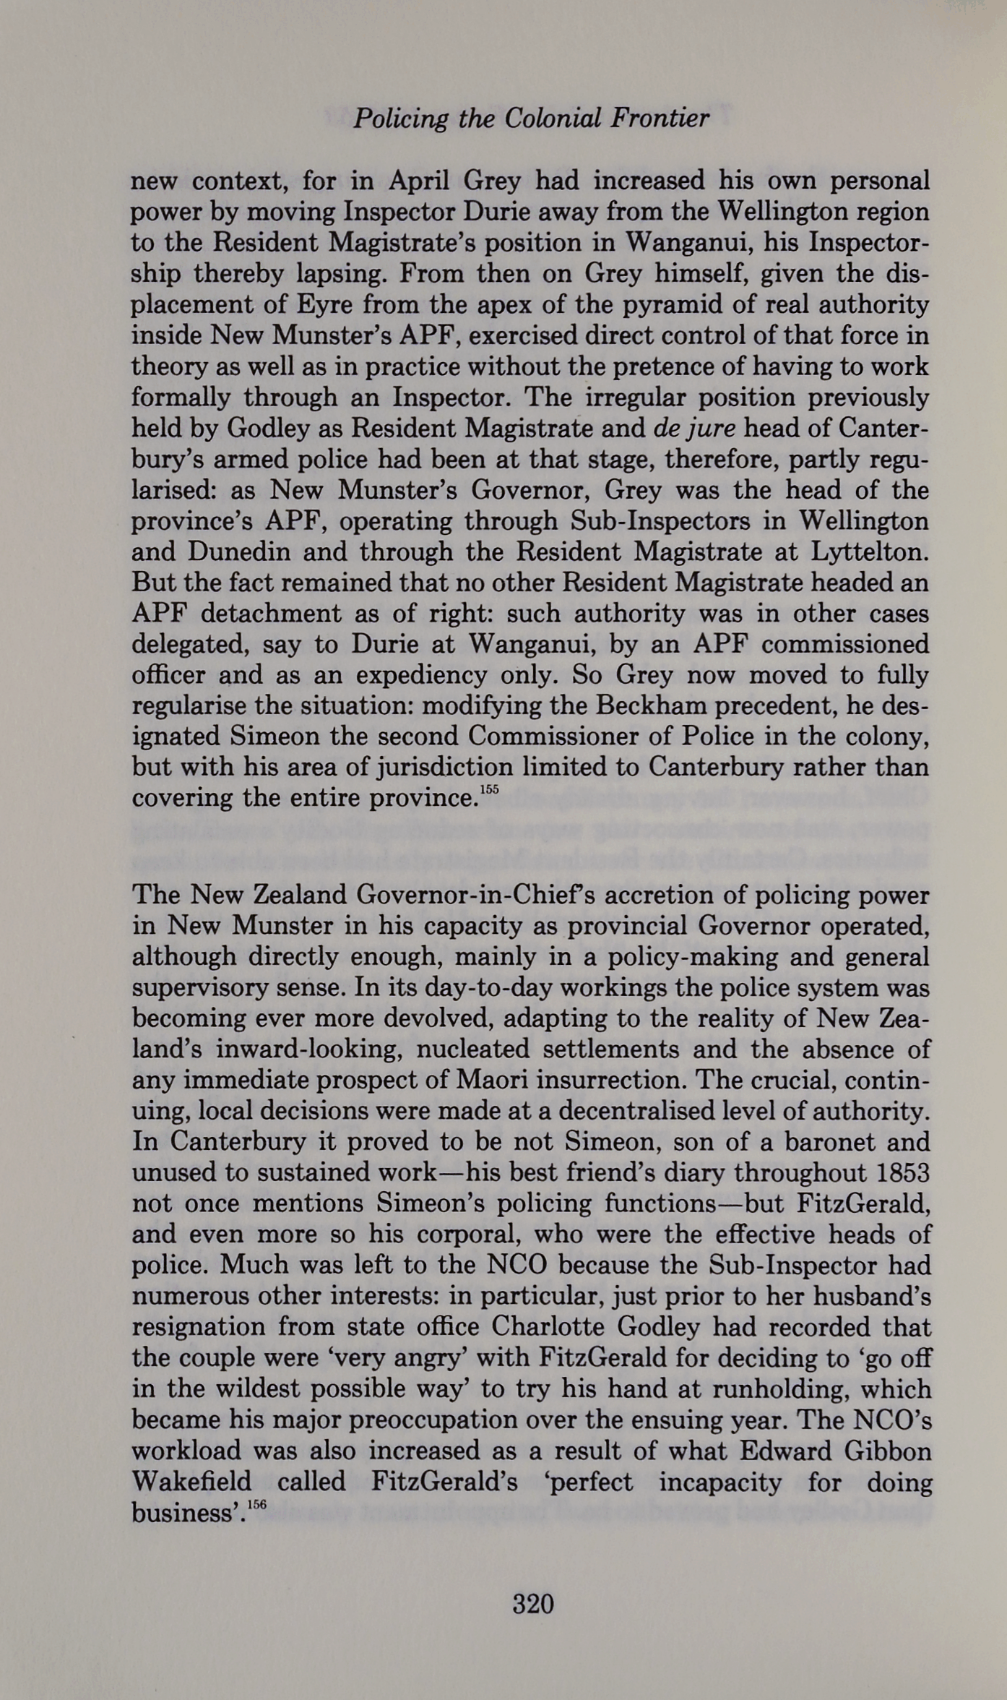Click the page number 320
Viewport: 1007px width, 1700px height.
click(533, 1604)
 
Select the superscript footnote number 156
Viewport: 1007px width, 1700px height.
click(256, 1505)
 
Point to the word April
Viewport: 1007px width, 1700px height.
click(419, 181)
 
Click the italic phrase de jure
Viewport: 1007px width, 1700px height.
click(693, 428)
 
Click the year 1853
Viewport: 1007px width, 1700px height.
click(903, 1172)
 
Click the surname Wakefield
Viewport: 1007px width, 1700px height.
click(191, 1482)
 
